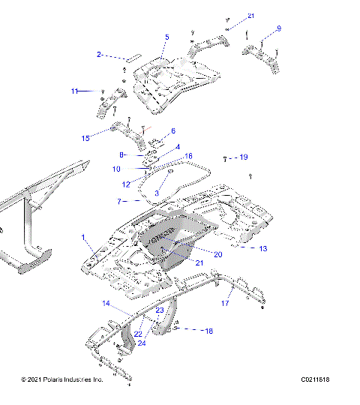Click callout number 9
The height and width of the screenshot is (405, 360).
(279, 28)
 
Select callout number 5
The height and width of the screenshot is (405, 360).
(167, 37)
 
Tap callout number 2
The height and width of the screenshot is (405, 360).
(98, 54)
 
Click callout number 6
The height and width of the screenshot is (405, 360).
(172, 131)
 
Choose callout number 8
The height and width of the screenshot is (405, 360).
(121, 154)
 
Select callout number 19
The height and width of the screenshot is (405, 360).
(243, 157)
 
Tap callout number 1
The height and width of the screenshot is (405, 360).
(83, 237)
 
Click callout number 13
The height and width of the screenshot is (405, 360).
(262, 247)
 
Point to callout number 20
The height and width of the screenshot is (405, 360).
(218, 254)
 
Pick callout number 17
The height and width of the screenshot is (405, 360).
(224, 304)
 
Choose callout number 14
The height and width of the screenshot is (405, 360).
(106, 304)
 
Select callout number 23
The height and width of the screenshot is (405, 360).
(160, 310)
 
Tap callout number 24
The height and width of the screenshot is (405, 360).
(142, 343)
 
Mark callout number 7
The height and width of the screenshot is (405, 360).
(118, 202)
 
